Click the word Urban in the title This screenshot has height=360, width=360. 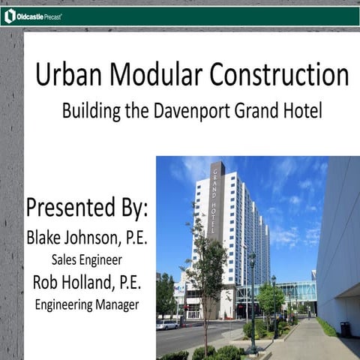coord(66,76)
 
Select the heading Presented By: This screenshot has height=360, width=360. coord(87,207)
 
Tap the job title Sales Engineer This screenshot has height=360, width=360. coord(87,260)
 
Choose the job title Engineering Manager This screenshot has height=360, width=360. coord(87,304)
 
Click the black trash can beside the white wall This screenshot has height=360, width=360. coord(344,328)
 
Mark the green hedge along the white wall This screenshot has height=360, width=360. coord(326,327)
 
